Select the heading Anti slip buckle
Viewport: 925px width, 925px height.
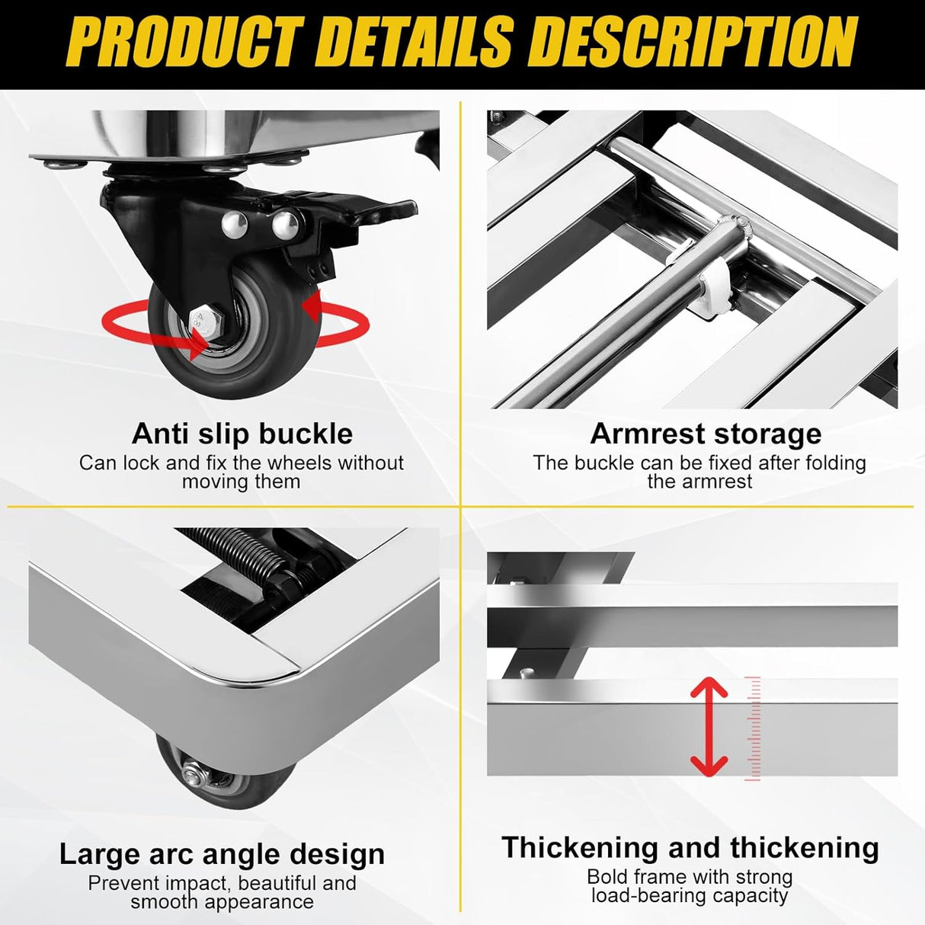(242, 434)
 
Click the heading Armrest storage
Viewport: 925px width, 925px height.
(706, 434)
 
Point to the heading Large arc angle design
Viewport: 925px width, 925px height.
(222, 854)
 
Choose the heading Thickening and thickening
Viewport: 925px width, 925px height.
(690, 847)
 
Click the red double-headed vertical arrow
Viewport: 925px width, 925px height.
(709, 725)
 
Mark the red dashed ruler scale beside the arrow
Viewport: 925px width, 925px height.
(754, 728)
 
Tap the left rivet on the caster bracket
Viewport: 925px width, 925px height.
(231, 222)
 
